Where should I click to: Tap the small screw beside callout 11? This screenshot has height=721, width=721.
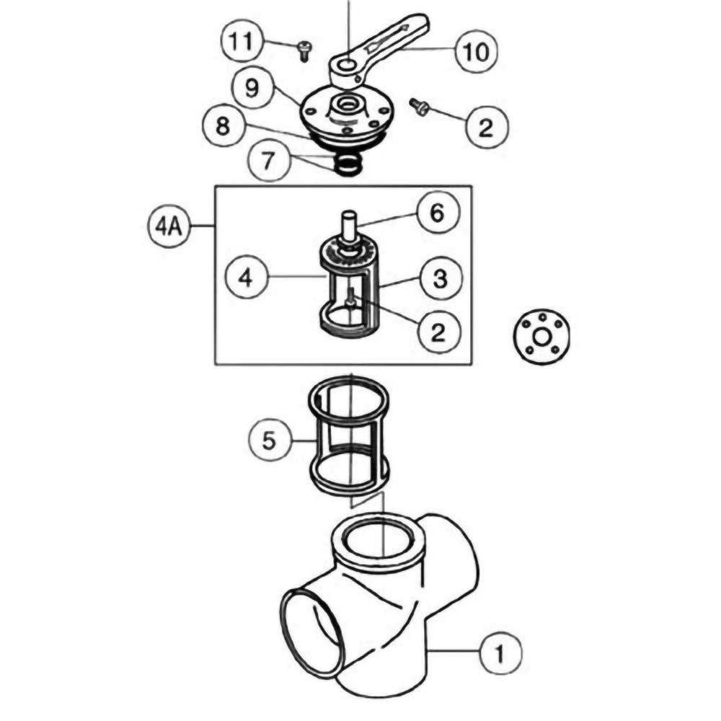click(x=303, y=49)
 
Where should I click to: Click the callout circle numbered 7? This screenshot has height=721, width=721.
click(x=268, y=159)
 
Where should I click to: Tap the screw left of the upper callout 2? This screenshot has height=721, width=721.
click(x=419, y=107)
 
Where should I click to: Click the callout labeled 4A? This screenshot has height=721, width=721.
click(x=169, y=227)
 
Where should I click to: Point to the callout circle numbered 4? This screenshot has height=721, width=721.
click(x=245, y=276)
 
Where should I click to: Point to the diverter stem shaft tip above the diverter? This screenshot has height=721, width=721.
click(x=349, y=217)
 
